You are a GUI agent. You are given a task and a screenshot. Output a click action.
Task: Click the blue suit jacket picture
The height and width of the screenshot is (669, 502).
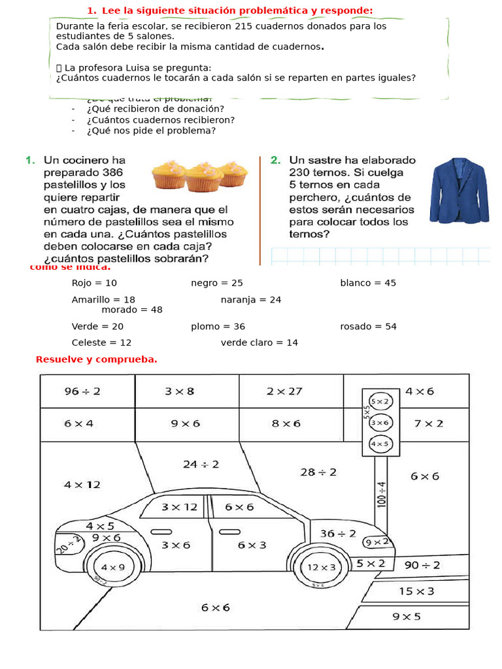click(x=459, y=190)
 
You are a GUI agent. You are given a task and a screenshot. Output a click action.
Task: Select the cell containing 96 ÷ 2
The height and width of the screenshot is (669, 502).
click(x=82, y=391)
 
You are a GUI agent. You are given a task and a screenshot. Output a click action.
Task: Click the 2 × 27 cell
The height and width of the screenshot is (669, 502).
click(x=284, y=391)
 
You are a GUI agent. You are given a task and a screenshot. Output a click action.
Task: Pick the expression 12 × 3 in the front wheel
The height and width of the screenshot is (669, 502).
click(x=321, y=566)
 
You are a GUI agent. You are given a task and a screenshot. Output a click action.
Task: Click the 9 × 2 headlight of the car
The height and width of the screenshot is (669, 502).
click(x=376, y=542)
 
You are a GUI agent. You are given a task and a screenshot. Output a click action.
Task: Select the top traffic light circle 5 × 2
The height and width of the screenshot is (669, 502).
click(x=380, y=401)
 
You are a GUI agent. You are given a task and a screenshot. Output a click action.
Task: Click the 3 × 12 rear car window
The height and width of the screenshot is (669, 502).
click(x=179, y=507)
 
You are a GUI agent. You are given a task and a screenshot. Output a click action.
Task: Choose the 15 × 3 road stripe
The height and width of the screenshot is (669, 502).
click(x=416, y=591)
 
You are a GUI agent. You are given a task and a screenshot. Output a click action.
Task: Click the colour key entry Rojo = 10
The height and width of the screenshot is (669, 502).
click(x=94, y=283)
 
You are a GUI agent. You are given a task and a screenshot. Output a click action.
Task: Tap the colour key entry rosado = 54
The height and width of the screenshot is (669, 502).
click(x=368, y=326)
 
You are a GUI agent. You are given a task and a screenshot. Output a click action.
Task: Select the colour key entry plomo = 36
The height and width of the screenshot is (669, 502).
click(x=218, y=326)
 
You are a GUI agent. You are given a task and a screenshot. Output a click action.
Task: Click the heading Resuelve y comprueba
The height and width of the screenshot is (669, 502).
click(x=97, y=359)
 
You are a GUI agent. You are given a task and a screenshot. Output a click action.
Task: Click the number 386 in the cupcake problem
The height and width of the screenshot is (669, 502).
click(x=108, y=173)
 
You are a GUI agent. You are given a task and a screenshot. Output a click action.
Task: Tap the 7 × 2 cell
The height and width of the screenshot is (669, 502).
click(x=428, y=423)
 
